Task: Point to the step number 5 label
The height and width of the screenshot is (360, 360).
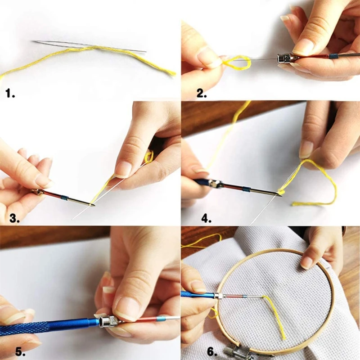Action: pyautogui.click(x=21, y=351)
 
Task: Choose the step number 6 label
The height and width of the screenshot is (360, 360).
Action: pyautogui.click(x=212, y=351)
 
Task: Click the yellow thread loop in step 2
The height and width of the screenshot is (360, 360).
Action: pyautogui.click(x=237, y=62)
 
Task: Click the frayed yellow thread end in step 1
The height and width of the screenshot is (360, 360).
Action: pyautogui.click(x=171, y=73)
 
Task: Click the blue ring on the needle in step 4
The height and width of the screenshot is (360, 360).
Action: pyautogui.click(x=246, y=190)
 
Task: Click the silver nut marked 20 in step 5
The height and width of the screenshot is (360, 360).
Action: pyautogui.click(x=109, y=321)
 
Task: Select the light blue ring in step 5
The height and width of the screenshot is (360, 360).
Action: pyautogui.click(x=160, y=319)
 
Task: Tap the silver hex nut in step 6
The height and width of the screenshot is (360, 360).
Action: pyautogui.click(x=218, y=296)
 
